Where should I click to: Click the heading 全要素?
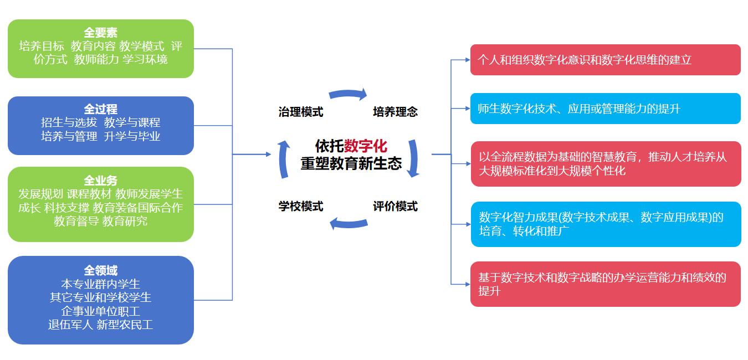[100, 33]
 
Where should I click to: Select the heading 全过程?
[100, 109]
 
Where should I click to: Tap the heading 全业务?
[100, 181]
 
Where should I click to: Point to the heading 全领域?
[100, 270]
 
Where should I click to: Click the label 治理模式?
[300, 112]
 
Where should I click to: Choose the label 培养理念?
[395, 112]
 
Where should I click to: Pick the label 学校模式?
[300, 207]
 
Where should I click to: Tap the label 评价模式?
[395, 207]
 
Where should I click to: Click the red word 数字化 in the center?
[366, 146]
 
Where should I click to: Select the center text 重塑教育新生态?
[351, 164]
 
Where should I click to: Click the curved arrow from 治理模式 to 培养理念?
[348, 94]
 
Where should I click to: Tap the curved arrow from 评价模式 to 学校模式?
[348, 223]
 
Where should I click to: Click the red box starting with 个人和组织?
[605, 60]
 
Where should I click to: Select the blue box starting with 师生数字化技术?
[605, 109]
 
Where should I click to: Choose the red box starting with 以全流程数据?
[605, 164]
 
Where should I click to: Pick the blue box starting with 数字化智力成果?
[605, 224]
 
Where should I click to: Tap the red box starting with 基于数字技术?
[605, 284]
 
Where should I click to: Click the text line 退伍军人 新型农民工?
[100, 325]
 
